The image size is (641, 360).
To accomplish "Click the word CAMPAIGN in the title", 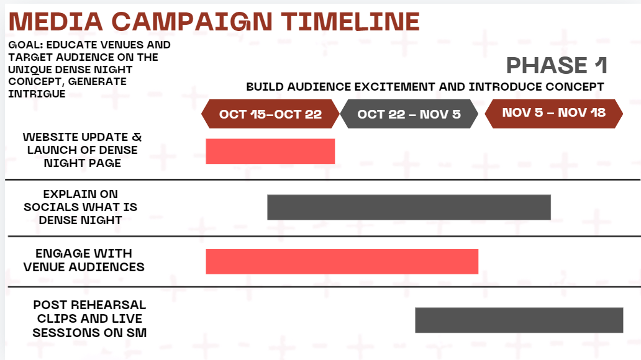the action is (192, 22).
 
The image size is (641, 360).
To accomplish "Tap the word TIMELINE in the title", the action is (351, 22).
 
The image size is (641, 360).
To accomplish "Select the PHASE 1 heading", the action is (557, 65).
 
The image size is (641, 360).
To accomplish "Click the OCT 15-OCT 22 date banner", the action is (270, 114).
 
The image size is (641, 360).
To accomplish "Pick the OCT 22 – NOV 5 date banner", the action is (409, 114).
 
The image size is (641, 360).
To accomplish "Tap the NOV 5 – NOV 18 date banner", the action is (554, 114).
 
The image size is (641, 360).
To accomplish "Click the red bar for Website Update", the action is (270, 151).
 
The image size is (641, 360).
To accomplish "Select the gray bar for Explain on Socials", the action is (409, 207).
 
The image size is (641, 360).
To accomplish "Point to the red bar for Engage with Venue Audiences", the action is (342, 261).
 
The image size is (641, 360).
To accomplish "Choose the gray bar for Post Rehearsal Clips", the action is (519, 320).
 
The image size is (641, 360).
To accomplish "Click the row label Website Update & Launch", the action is (82, 150).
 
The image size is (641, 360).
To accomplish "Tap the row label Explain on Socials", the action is (81, 207).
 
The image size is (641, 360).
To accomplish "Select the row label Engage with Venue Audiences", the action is (84, 260).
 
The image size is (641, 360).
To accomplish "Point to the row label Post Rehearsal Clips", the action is (89, 319).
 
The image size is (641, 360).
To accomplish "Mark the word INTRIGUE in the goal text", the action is (37, 94).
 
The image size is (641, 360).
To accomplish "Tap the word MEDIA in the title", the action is (56, 22).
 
